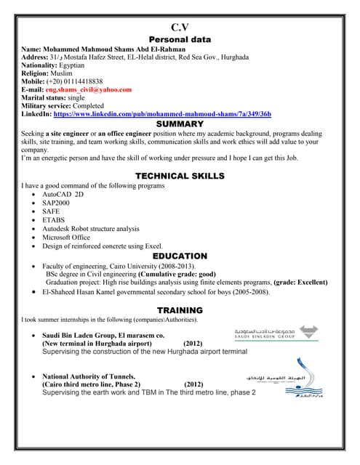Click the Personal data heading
pos(180,39)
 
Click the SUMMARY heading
pos(180,124)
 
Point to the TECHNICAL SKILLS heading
pos(180,176)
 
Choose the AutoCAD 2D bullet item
pos(63,195)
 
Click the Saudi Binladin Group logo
pos(275,333)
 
